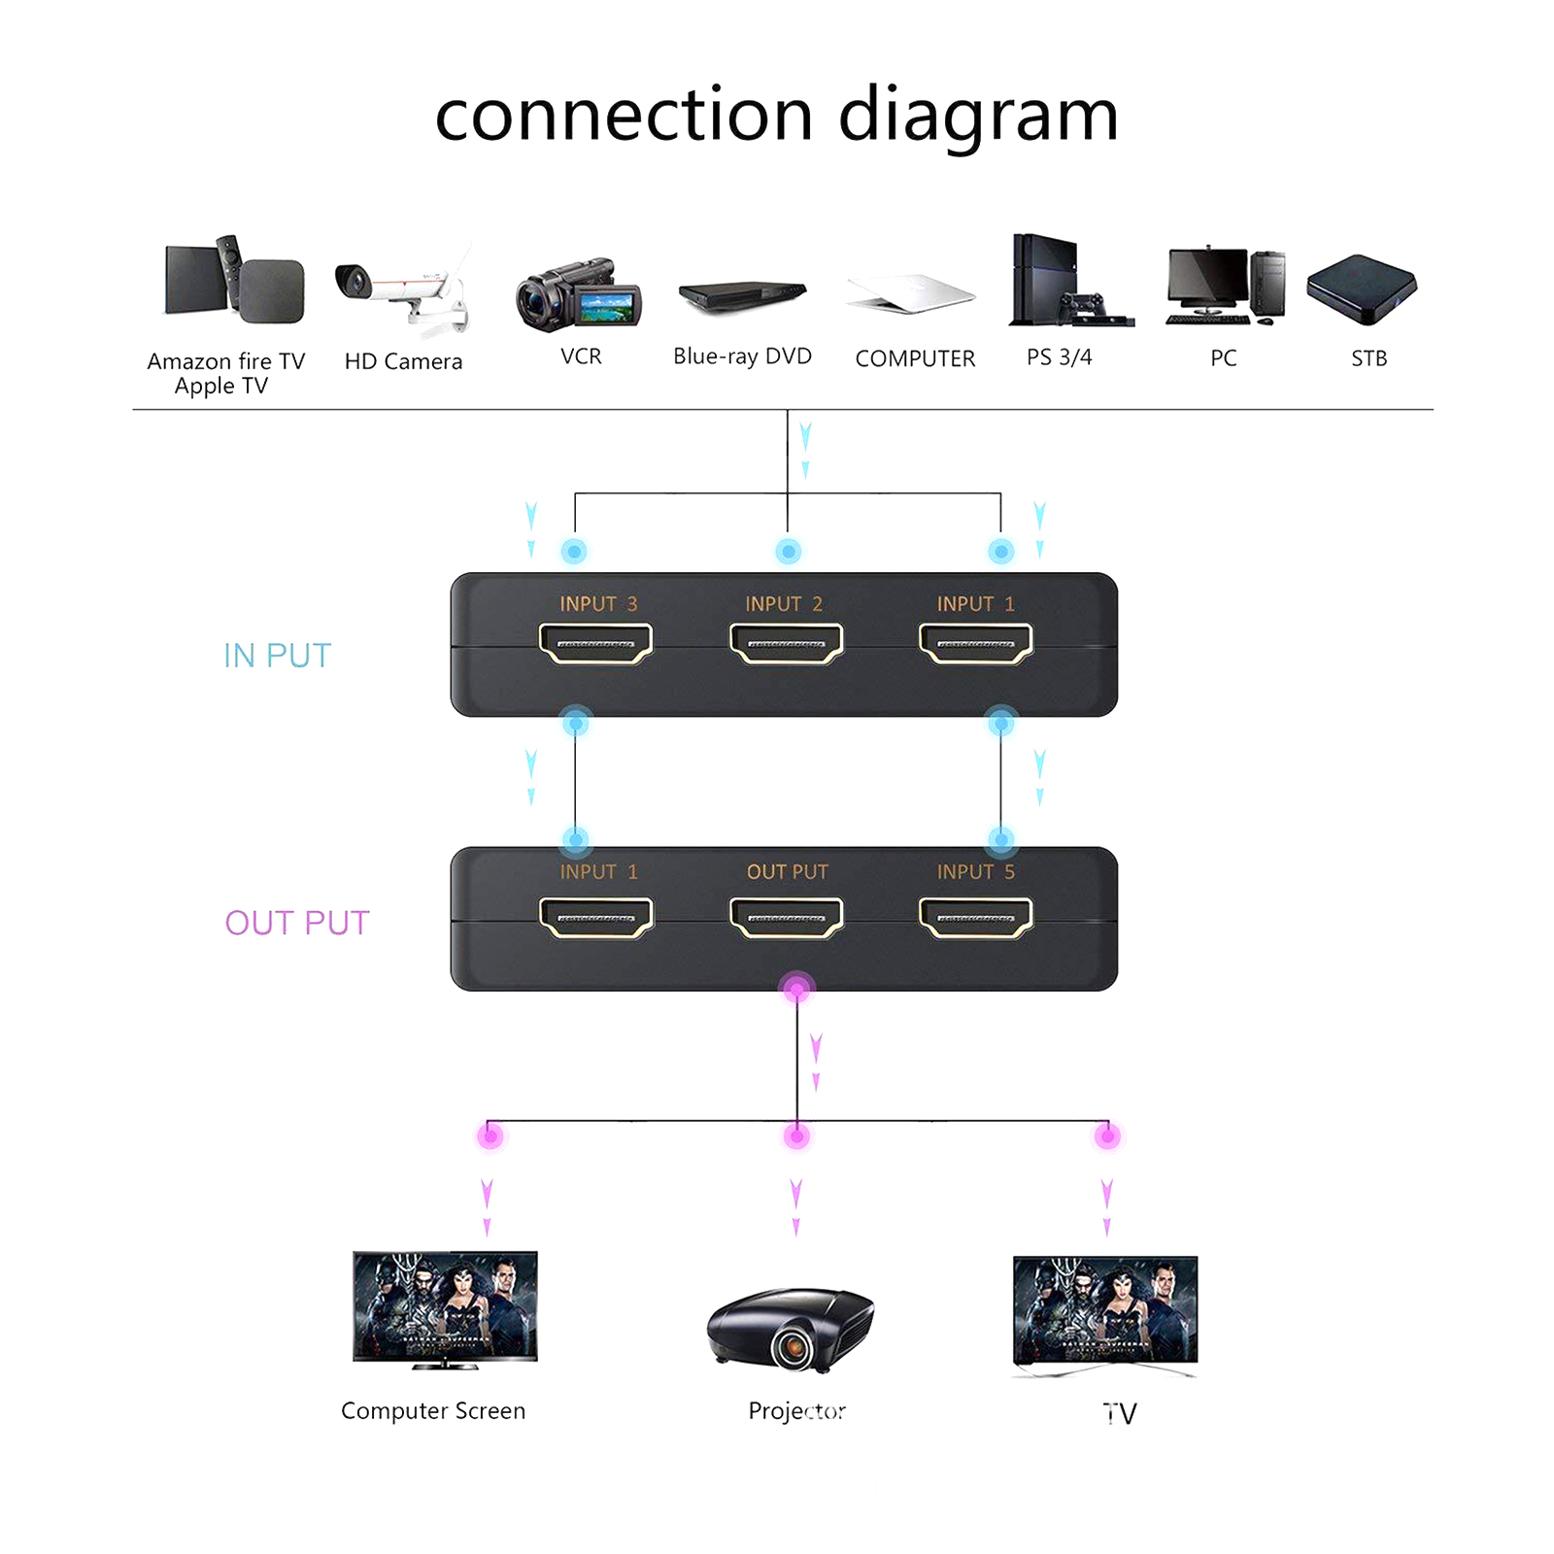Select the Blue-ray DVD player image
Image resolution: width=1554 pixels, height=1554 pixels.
coord(742,295)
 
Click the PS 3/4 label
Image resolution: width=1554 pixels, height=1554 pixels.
coord(1059,357)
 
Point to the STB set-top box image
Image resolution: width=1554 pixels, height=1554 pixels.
coord(1362,287)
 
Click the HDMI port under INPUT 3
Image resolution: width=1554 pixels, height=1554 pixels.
coord(595,644)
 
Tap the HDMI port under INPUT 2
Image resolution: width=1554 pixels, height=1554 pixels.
coord(786,644)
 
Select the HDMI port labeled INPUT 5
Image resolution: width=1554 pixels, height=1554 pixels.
coord(975,918)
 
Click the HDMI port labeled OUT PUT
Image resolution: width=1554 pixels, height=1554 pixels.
coord(786,918)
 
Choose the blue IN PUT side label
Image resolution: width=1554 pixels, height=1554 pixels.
coord(278,656)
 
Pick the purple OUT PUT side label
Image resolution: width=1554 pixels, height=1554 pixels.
coord(297,923)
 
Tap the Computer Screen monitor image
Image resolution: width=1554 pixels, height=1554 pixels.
coord(445,1308)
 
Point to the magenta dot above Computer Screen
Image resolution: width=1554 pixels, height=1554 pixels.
coord(490,1135)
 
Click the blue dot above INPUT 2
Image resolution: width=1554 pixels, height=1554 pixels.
coord(788,552)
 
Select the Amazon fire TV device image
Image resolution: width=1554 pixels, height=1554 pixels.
coord(234,281)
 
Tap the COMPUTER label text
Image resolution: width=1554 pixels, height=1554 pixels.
coord(915,358)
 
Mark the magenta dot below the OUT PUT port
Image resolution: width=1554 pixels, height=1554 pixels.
coord(796,990)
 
